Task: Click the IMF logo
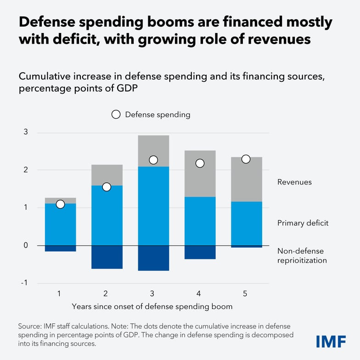pos(331,341)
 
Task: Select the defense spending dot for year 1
pos(60,204)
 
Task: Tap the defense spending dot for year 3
pos(153,160)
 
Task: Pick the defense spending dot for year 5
pos(246,159)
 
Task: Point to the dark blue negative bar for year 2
pos(107,257)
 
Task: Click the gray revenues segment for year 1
pos(60,201)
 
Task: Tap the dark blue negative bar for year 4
pos(200,252)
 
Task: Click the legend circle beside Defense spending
pos(116,114)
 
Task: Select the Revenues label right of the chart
pos(294,182)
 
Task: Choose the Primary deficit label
pos(303,224)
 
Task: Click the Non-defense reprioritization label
pos(302,256)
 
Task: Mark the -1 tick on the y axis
pos(24,283)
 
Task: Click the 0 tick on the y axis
pos(26,245)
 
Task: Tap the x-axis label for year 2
pos(106,293)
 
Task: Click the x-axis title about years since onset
pos(152,306)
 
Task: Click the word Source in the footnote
pos(28,326)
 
